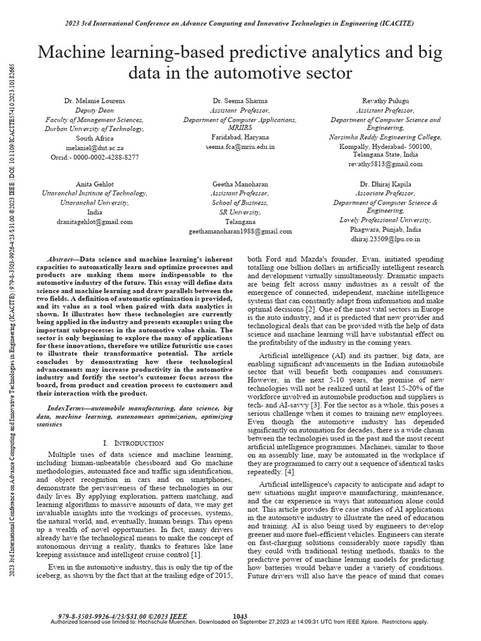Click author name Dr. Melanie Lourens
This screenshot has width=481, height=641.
tap(95, 100)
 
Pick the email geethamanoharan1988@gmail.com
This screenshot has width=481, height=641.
tap(240, 231)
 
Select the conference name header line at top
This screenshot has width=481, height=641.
tap(240, 23)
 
